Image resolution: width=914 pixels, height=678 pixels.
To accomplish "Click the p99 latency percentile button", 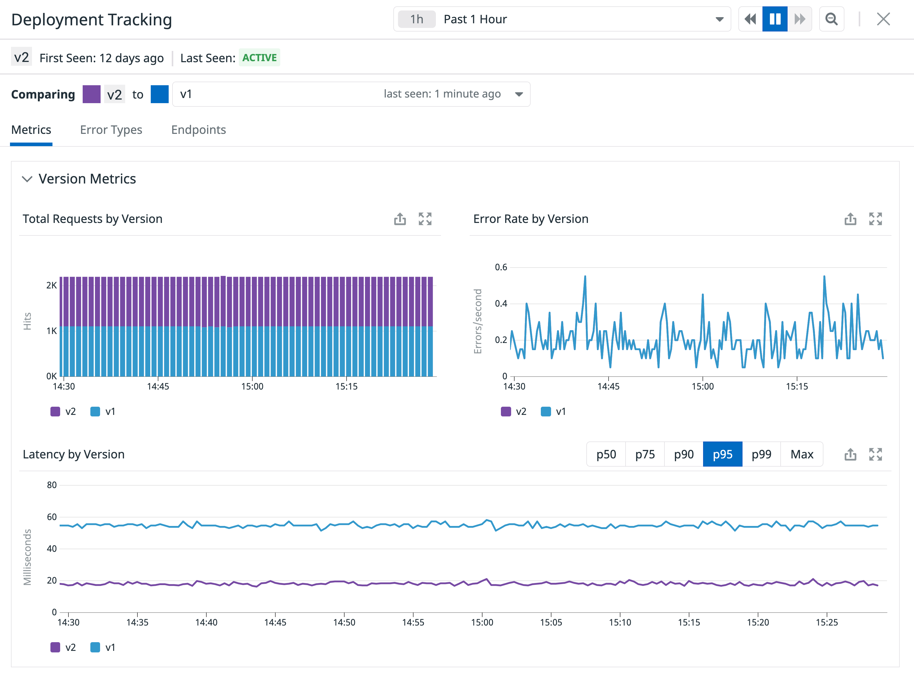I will click(761, 454).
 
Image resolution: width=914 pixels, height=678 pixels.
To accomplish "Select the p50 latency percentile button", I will click(606, 454).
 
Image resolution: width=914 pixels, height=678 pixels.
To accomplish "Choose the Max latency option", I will click(802, 454).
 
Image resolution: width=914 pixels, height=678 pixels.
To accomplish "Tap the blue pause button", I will click(775, 19).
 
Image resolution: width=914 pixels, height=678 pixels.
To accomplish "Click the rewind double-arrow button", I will click(750, 19).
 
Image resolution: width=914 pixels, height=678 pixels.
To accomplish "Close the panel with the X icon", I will click(883, 19).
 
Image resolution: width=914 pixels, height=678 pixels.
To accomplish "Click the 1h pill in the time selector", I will click(417, 19).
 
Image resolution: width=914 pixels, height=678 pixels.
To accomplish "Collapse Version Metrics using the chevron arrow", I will click(27, 179).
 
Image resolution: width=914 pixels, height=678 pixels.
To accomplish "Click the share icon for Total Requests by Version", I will click(400, 219).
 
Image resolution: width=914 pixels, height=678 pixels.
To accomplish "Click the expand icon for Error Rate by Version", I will click(875, 219).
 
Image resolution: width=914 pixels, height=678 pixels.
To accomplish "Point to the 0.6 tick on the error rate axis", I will click(501, 267).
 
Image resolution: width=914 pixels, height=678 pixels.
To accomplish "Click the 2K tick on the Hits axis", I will click(51, 285).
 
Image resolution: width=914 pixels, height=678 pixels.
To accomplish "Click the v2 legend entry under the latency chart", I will click(64, 648).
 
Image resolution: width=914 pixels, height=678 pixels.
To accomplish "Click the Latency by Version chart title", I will click(73, 454).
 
